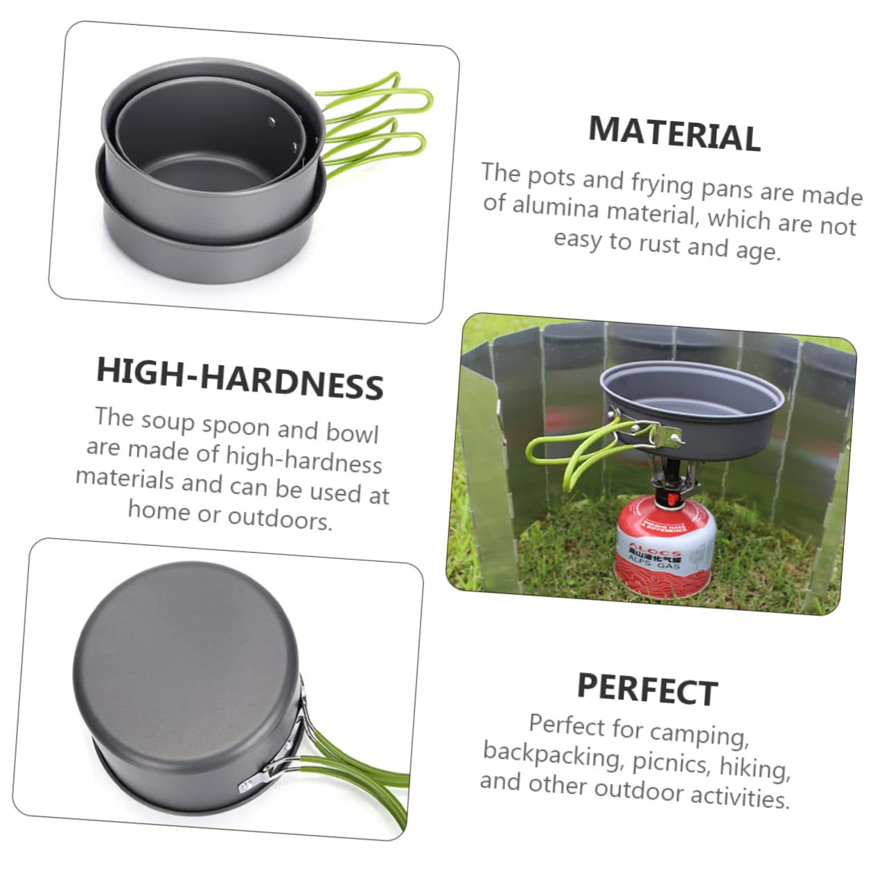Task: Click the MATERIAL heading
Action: click(x=674, y=133)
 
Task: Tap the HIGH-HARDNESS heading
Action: click(x=240, y=378)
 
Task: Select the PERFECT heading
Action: click(x=647, y=689)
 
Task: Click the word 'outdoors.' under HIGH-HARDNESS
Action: click(x=280, y=518)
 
